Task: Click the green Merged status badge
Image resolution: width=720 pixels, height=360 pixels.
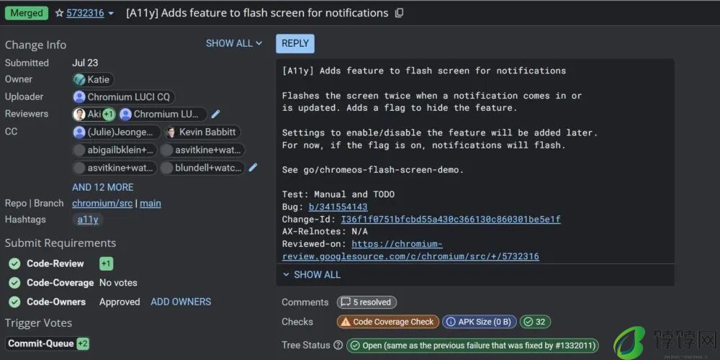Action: pos(27,13)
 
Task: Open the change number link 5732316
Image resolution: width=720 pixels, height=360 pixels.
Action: pos(85,13)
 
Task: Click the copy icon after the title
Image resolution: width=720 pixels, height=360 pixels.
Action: pos(399,13)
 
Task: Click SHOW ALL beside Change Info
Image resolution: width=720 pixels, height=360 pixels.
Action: pos(234,43)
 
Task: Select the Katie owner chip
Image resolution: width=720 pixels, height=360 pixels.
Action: pos(93,79)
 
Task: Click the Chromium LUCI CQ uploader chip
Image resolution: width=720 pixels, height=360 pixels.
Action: pos(124,97)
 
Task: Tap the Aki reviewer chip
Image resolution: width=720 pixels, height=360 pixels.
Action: pos(94,114)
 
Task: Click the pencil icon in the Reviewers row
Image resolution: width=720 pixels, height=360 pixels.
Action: pos(215,114)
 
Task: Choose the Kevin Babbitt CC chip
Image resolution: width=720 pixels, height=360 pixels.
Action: pos(202,132)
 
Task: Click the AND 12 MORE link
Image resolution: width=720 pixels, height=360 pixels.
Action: pos(103,187)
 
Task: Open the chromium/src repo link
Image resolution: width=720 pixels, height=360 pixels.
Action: pos(102,204)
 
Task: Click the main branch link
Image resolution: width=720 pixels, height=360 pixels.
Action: pos(150,204)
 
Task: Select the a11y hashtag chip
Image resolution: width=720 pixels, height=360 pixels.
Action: pos(88,220)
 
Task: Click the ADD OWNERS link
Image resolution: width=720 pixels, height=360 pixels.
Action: pos(181,302)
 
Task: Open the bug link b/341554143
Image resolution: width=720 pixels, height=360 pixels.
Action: pos(338,207)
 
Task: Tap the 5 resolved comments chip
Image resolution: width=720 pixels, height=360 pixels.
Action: pos(366,302)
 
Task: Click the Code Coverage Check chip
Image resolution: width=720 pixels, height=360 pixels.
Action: pos(387,322)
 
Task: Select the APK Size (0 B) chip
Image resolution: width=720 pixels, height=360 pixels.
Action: pos(480,322)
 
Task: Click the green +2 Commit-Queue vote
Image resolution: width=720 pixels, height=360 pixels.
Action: pos(83,343)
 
